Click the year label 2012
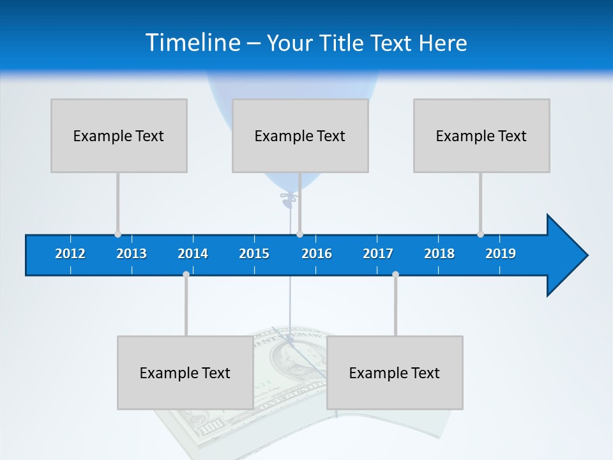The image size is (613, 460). click(x=70, y=254)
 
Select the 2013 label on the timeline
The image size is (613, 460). click(x=132, y=254)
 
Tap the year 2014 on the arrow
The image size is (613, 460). click(x=193, y=254)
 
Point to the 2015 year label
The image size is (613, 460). click(x=254, y=254)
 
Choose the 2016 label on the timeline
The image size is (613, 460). click(x=317, y=254)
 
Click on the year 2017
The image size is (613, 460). click(x=378, y=254)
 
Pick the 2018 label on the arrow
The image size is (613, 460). click(x=439, y=254)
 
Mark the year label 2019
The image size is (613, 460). click(x=501, y=254)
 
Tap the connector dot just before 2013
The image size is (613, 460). click(x=117, y=234)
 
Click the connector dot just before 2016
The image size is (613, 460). click(x=299, y=234)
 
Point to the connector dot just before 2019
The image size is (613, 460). click(x=480, y=234)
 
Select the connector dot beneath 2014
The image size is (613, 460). click(x=186, y=274)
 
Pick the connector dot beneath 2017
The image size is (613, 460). click(x=395, y=274)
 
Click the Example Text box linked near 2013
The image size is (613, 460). click(x=119, y=135)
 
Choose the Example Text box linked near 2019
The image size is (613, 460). click(x=481, y=135)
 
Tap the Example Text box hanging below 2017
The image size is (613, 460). click(x=395, y=372)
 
